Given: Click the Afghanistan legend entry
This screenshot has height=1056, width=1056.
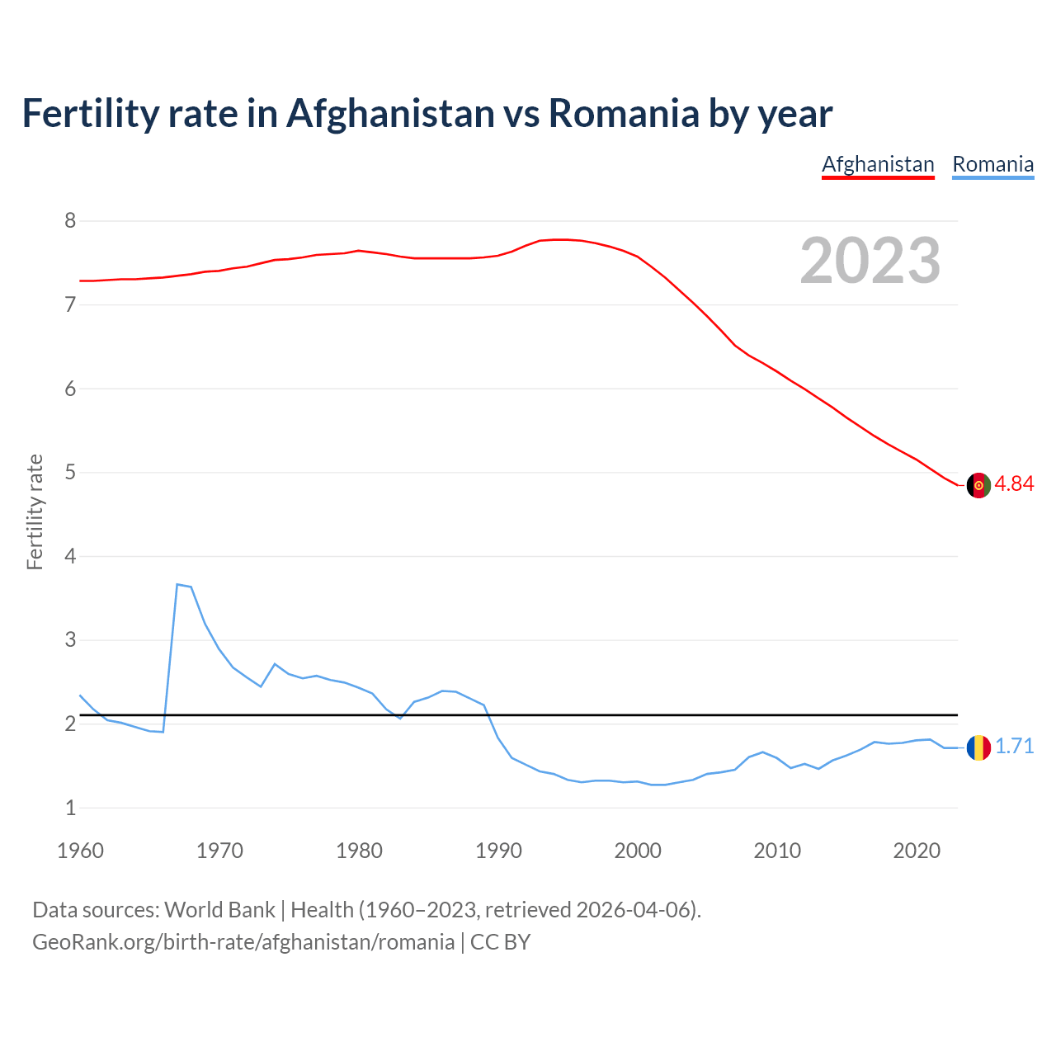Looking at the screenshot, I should (878, 164).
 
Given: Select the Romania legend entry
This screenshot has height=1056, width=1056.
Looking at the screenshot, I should (992, 164).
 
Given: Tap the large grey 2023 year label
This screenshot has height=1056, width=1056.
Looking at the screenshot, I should (870, 261).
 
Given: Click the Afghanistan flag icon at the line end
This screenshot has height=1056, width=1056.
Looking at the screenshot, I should (978, 485).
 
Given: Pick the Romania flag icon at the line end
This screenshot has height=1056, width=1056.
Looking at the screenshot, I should (978, 747).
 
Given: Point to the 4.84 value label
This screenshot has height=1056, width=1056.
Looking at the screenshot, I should (1014, 484).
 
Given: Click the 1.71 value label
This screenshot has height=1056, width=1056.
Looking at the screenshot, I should (1014, 747).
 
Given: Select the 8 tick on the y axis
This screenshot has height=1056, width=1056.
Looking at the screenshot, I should (70, 220).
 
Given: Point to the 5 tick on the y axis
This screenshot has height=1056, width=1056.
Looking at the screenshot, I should (70, 473).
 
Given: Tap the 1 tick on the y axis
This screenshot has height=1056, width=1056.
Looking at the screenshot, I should (70, 808).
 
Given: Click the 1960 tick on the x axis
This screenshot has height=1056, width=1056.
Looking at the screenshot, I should (80, 851).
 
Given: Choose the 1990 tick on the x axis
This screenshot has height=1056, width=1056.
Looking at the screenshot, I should (498, 851).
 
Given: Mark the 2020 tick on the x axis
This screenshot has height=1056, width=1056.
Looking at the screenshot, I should (917, 851).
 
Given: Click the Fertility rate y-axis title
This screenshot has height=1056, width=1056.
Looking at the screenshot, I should (35, 511).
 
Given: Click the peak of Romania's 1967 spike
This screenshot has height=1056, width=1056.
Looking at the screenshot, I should (177, 584).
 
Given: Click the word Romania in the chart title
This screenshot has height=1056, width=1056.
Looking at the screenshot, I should (624, 113).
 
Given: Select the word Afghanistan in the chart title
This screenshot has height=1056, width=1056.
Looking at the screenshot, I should (390, 113).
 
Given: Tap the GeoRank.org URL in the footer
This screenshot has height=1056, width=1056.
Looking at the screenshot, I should (243, 942).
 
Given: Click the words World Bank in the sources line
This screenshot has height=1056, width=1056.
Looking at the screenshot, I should (219, 910).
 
